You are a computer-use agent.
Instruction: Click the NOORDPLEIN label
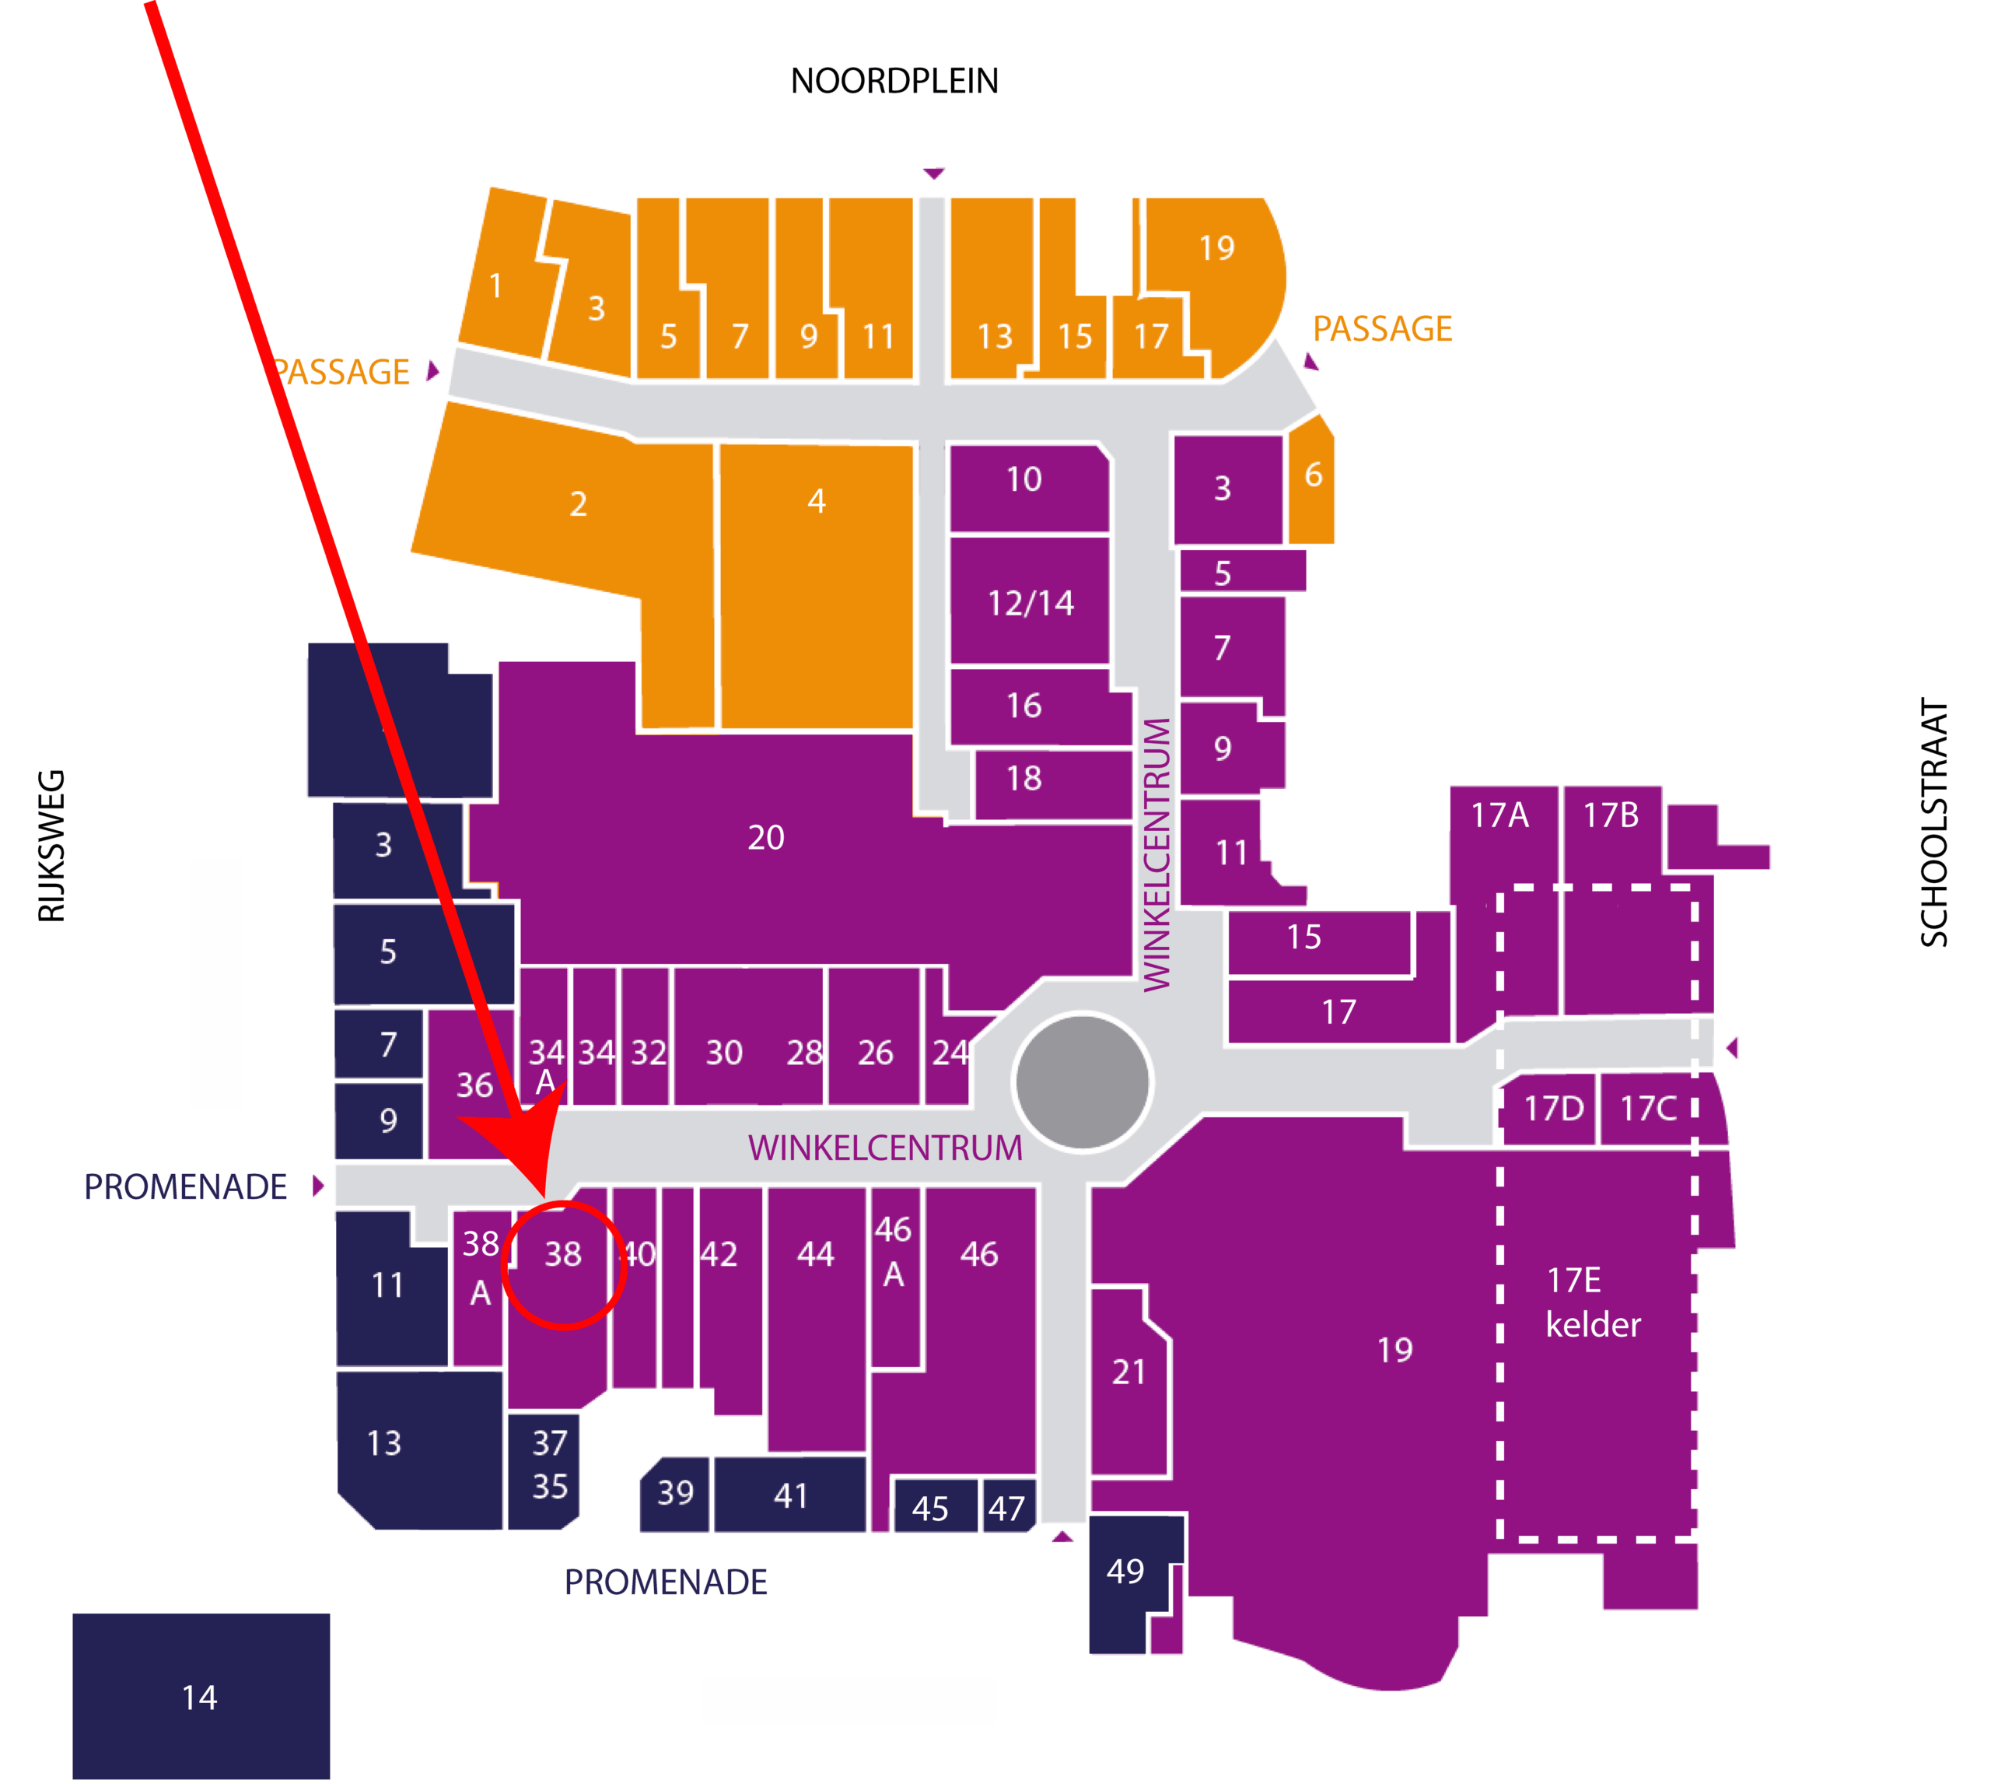(x=894, y=82)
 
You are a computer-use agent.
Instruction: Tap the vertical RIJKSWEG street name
(x=51, y=846)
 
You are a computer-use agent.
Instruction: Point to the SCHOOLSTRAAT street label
(x=1933, y=822)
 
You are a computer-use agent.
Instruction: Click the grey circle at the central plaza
(x=1082, y=1081)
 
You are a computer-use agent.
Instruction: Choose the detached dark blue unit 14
(x=201, y=1696)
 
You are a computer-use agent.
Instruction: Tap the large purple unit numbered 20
(x=765, y=838)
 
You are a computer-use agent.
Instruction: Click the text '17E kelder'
(x=1591, y=1302)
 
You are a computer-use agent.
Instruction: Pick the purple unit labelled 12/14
(x=1030, y=603)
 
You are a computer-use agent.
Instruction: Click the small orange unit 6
(x=1312, y=478)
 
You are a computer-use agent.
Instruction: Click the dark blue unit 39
(x=674, y=1493)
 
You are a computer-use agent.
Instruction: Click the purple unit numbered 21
(x=1128, y=1372)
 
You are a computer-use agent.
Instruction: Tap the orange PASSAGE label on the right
(x=1381, y=329)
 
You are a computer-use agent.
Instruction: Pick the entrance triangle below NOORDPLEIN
(x=933, y=173)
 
